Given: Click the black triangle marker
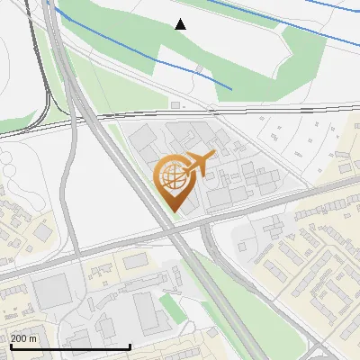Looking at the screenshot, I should (x=181, y=24).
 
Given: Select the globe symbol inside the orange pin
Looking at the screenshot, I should (x=173, y=177).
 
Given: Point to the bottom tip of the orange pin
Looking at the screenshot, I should (x=173, y=211).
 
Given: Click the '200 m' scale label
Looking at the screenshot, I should (x=23, y=338).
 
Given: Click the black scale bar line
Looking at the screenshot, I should (x=70, y=346).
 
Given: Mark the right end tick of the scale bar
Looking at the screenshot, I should (x=130, y=346).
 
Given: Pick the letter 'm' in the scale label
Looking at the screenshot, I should (x=33, y=338).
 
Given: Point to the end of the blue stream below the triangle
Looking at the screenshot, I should (x=231, y=88).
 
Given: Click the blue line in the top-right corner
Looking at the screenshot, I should (x=333, y=7).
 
